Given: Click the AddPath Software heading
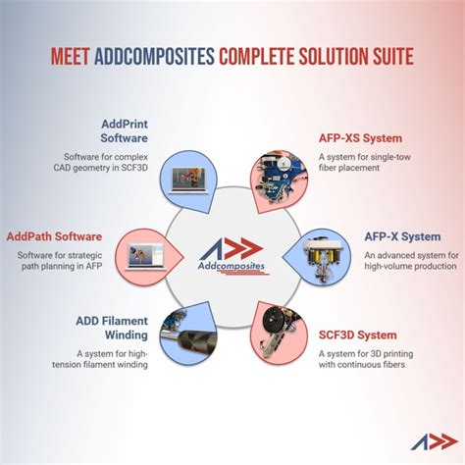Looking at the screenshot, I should click(x=55, y=236).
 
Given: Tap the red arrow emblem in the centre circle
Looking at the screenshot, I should click(x=235, y=249).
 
